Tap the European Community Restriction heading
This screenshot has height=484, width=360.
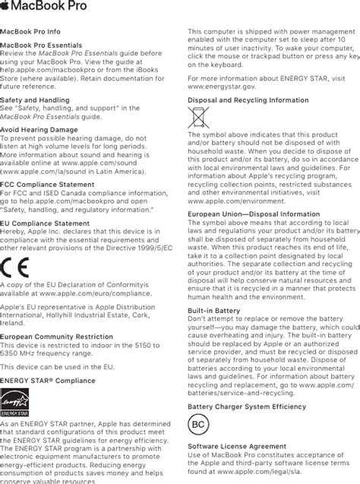pos(57,336)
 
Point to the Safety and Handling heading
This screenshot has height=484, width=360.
pos(35,100)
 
